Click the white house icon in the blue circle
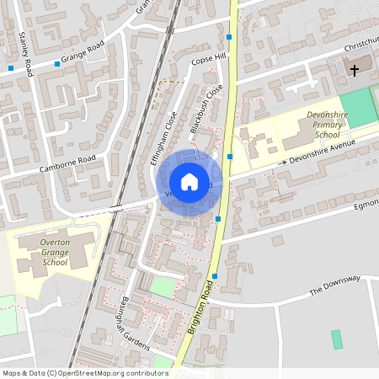pyautogui.click(x=189, y=182)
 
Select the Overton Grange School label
pyautogui.click(x=55, y=252)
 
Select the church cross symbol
pyautogui.click(x=355, y=70)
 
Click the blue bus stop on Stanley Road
pyautogui.click(x=10, y=67)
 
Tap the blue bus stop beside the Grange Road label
pyautogui.click(x=57, y=64)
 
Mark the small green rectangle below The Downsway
pyautogui.click(x=337, y=339)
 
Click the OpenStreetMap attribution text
pyautogui.click(x=85, y=372)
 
